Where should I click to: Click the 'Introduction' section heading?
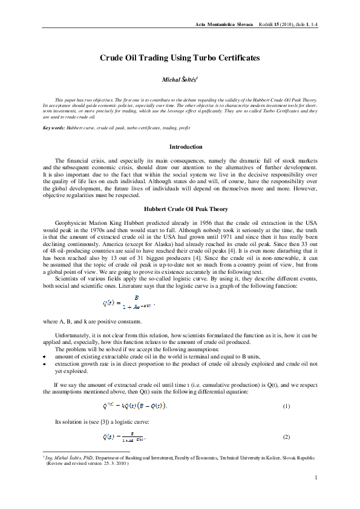click(x=186, y=147)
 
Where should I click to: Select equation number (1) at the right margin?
click(x=287, y=406)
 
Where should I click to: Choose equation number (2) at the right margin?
click(x=287, y=436)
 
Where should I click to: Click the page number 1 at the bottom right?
click(x=316, y=478)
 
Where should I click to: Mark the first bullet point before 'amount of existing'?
click(x=45, y=358)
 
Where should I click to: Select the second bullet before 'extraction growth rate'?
click(x=45, y=365)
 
